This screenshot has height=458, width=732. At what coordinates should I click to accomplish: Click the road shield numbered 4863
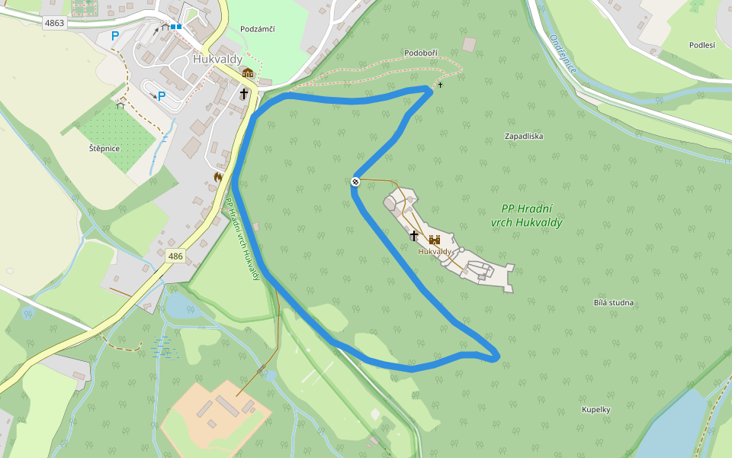pos(55,23)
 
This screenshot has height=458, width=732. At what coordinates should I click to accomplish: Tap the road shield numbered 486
pos(175,256)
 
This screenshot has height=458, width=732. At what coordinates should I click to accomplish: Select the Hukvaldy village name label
pos(217,58)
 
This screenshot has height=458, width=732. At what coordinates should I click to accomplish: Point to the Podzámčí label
pos(257,29)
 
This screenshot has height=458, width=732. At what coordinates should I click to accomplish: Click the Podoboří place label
pos(422,53)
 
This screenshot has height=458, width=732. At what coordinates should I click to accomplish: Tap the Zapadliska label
pos(524,136)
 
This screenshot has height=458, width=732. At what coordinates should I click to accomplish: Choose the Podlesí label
pos(701,45)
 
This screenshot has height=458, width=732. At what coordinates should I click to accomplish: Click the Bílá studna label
pos(614,303)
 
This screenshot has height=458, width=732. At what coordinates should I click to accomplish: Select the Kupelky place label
pos(596,410)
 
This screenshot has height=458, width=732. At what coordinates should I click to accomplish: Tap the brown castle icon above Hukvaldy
pos(435,240)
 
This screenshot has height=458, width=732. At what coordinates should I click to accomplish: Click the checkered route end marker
pos(355,181)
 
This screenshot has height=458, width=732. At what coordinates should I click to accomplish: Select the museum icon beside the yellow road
pos(247,73)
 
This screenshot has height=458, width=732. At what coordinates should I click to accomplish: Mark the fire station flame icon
pos(218,176)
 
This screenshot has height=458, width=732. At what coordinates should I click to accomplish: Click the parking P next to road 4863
pos(115,35)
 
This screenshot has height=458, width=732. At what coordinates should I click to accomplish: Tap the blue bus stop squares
pos(176,27)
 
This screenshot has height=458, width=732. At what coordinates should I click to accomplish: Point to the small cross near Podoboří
pos(440,84)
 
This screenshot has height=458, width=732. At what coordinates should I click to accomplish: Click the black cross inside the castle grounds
pos(414,236)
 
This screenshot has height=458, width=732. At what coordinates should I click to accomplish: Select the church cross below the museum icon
pos(244,94)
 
